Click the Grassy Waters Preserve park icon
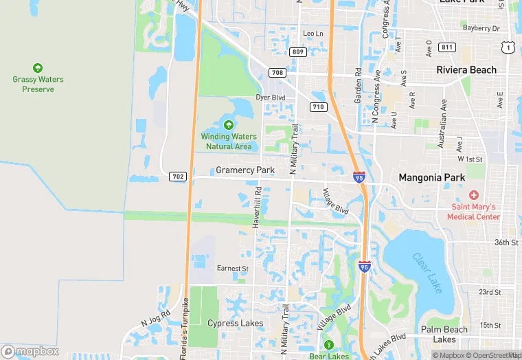(38, 68)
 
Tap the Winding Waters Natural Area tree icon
(228, 125)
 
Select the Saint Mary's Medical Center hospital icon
(474, 196)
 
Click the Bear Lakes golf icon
(328, 345)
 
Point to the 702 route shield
(178, 177)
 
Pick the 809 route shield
(297, 52)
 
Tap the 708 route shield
(277, 72)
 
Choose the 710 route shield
(318, 106)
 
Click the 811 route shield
(447, 47)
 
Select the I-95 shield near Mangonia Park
(359, 177)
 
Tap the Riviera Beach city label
(466, 70)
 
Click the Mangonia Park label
(432, 177)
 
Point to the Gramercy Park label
(245, 170)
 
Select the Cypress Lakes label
(236, 323)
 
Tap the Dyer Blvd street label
(270, 98)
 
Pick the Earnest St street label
(232, 268)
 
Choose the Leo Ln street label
(313, 33)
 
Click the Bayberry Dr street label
(481, 28)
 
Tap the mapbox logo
(30, 351)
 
